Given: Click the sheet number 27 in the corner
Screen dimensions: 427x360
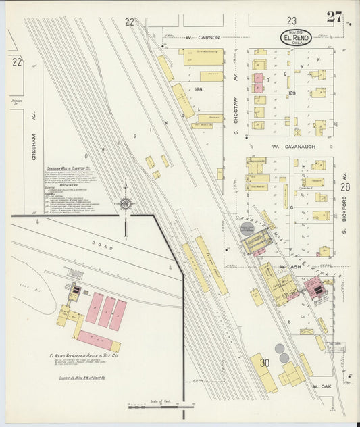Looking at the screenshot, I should [333, 17].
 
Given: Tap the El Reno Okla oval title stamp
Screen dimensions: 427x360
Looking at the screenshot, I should [297, 38].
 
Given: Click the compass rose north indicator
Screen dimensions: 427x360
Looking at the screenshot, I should [126, 203].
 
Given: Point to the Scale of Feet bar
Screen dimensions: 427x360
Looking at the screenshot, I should [156, 406].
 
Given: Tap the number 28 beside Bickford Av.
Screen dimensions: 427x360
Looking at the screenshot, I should [345, 187].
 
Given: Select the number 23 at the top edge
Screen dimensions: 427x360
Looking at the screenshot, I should [291, 21].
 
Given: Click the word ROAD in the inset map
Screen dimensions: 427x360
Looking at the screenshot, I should [107, 247].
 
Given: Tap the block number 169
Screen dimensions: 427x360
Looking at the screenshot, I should [292, 93].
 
